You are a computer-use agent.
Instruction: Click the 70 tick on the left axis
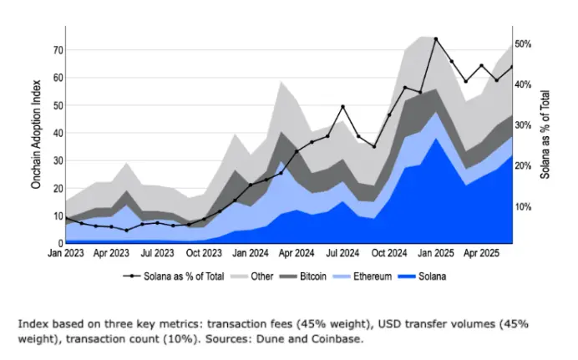pyautogui.click(x=57, y=50)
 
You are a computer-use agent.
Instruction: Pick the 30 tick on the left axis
pyautogui.click(x=57, y=160)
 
